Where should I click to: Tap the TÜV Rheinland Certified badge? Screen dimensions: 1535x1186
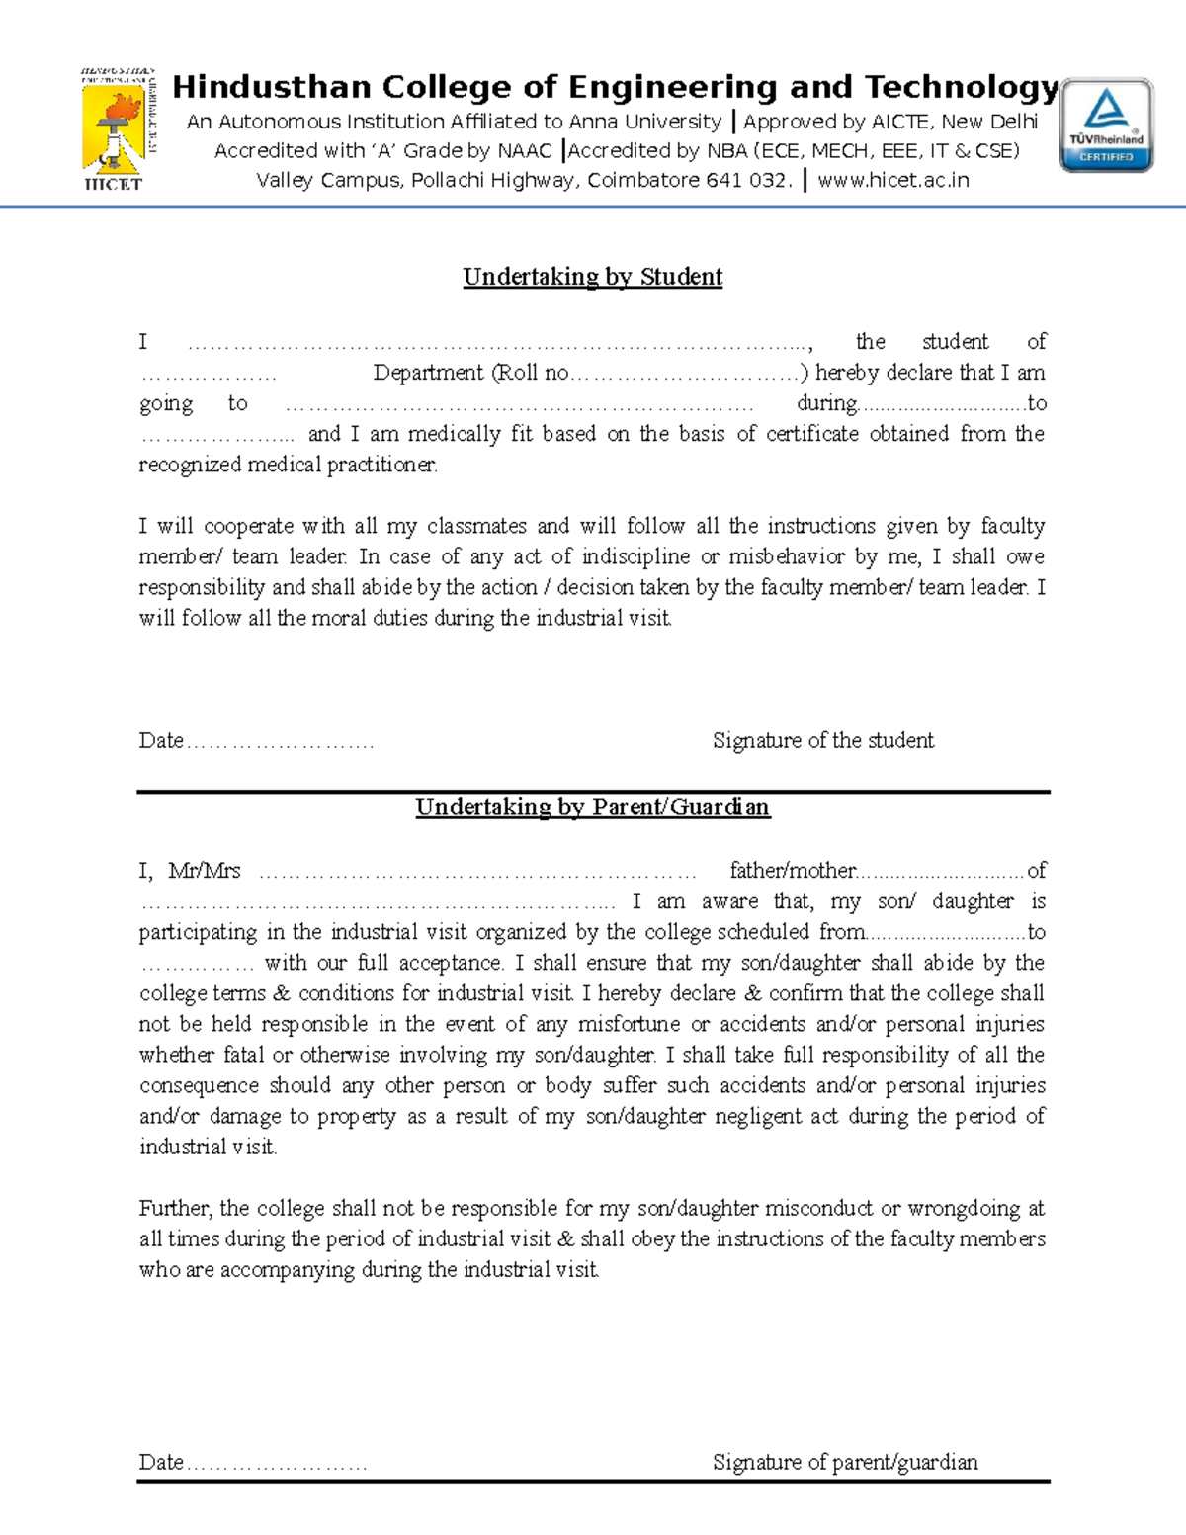1106,126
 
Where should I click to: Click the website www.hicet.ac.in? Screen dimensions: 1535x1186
893,180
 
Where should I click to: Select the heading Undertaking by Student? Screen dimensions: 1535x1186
592,277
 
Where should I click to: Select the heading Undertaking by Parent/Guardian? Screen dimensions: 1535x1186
592,808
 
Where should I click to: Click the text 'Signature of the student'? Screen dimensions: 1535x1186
822,741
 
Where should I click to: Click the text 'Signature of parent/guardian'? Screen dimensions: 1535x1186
845,1463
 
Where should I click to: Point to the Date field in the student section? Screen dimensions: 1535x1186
256,741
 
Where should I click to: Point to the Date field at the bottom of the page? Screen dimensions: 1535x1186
253,1463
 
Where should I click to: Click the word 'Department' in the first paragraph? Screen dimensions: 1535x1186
428,373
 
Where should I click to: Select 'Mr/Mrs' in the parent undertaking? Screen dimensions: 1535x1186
205,871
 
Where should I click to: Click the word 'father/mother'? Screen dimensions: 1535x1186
792,871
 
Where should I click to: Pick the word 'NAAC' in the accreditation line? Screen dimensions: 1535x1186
525,151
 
